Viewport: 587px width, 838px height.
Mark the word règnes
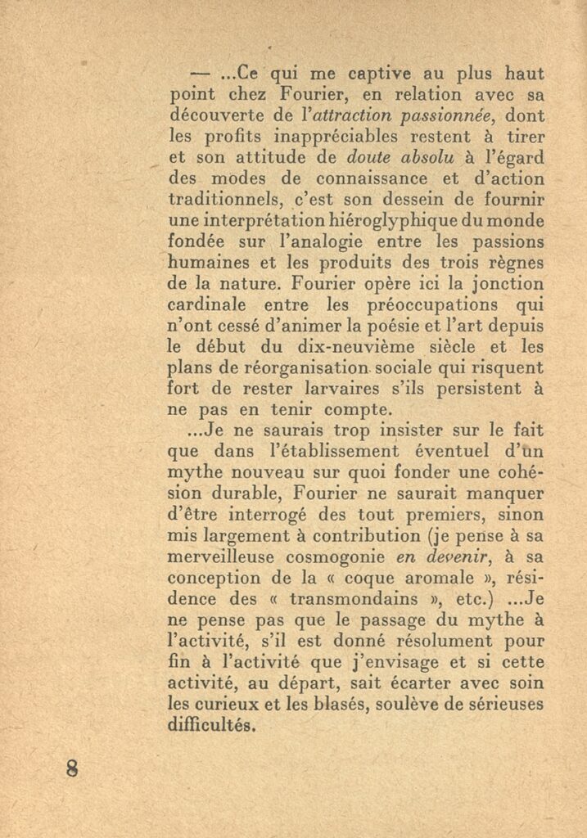[x=517, y=263]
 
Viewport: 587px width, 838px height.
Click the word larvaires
[x=358, y=390]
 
